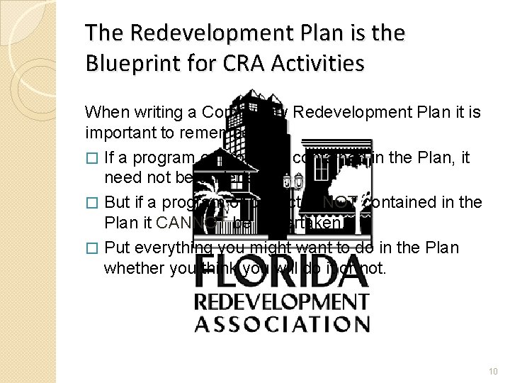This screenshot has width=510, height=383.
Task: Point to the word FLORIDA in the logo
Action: [282, 272]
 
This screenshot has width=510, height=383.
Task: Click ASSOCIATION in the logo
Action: [282, 323]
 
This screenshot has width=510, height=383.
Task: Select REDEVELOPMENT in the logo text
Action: [282, 301]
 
